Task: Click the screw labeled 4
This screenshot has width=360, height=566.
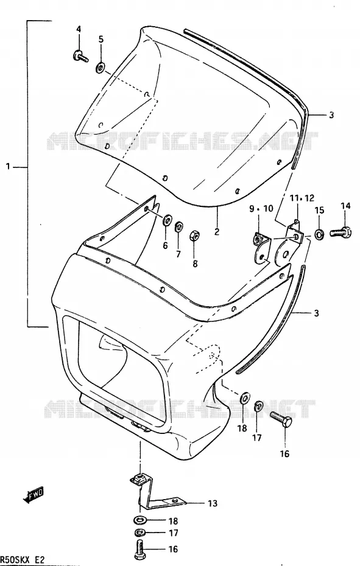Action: [80, 57]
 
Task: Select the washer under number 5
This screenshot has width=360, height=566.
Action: [100, 67]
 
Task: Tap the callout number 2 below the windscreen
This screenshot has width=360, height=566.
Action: [216, 231]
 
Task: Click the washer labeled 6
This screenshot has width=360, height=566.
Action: [168, 220]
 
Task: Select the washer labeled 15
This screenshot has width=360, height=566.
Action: [319, 234]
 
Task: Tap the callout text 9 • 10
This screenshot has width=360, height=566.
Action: [261, 209]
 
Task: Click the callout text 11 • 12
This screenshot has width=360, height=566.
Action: [302, 198]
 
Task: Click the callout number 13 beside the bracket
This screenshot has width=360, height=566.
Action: [213, 503]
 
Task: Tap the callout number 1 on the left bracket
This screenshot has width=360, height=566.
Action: [9, 167]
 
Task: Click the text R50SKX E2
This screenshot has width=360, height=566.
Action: [22, 560]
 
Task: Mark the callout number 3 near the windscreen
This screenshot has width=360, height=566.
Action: [331, 115]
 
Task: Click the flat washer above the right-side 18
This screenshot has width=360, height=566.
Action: [245, 398]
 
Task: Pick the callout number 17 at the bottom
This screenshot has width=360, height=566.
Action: [173, 533]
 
